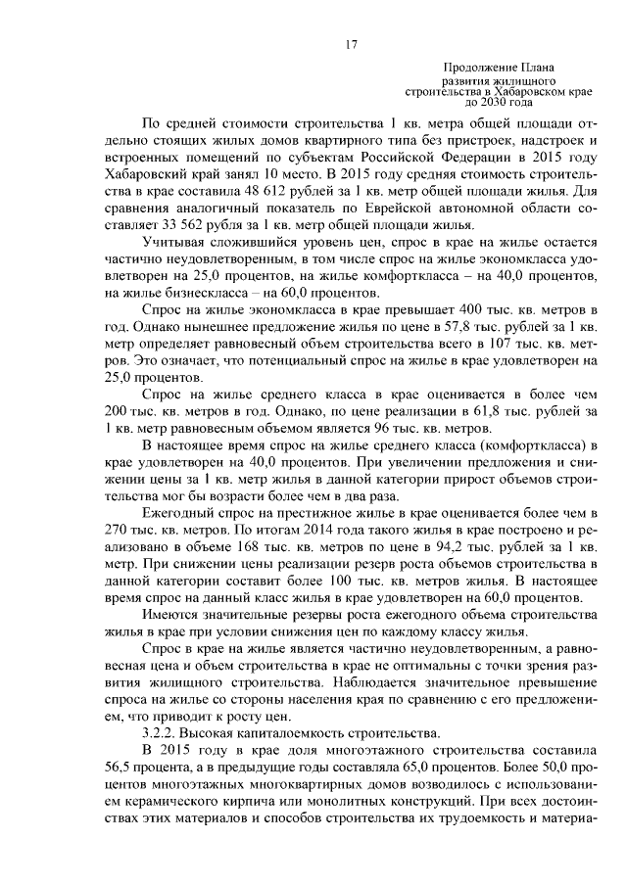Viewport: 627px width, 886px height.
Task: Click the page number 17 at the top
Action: [x=351, y=44]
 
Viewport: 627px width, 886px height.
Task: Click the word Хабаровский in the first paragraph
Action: [x=145, y=173]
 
